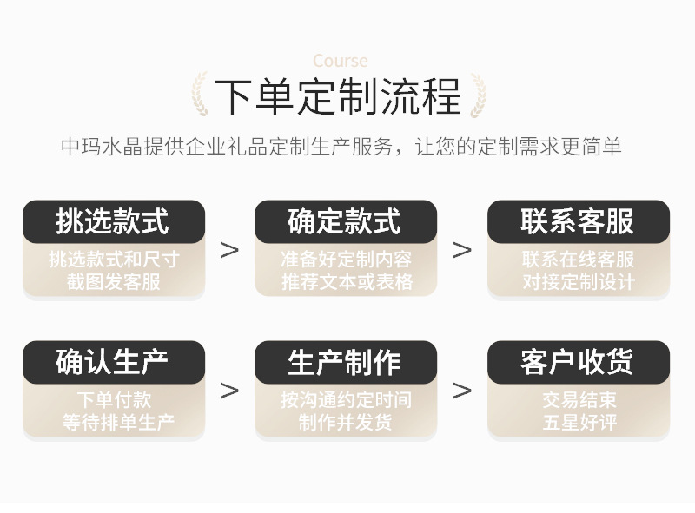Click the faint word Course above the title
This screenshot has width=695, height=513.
click(340, 61)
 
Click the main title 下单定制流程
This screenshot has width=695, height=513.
click(338, 95)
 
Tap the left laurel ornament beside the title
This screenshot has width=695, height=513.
click(199, 95)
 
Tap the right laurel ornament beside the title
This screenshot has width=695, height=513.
click(477, 95)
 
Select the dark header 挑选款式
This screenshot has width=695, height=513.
click(113, 221)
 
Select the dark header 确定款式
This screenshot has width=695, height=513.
click(345, 221)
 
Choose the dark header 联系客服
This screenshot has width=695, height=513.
click(578, 221)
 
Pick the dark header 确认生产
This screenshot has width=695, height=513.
click(113, 362)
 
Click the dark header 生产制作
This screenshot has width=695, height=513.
click(345, 362)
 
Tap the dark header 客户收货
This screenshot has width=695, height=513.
click(578, 362)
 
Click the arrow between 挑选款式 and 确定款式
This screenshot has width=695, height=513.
click(229, 250)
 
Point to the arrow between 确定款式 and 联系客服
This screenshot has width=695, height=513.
click(462, 250)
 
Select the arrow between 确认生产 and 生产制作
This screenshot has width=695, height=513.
click(229, 391)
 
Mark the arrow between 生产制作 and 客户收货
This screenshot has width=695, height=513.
click(462, 391)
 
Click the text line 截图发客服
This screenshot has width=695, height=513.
click(113, 282)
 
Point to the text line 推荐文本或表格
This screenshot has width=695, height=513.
click(346, 282)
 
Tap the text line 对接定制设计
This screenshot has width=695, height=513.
click(579, 282)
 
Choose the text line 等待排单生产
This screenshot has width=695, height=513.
click(113, 423)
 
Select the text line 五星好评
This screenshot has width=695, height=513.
click(579, 423)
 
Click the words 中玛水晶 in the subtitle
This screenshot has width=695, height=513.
click(93, 146)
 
